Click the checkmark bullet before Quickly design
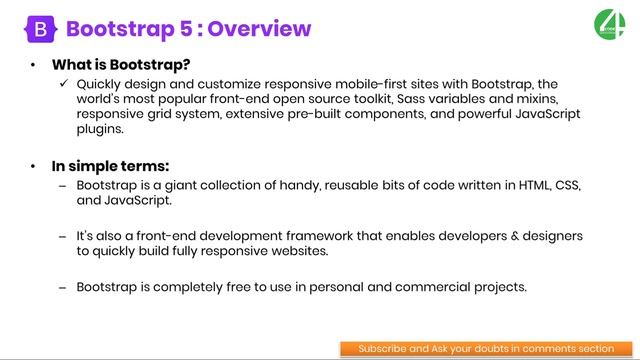(x=65, y=84)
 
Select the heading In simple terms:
(x=112, y=166)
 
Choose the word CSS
(x=562, y=186)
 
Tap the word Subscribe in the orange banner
(x=382, y=349)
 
